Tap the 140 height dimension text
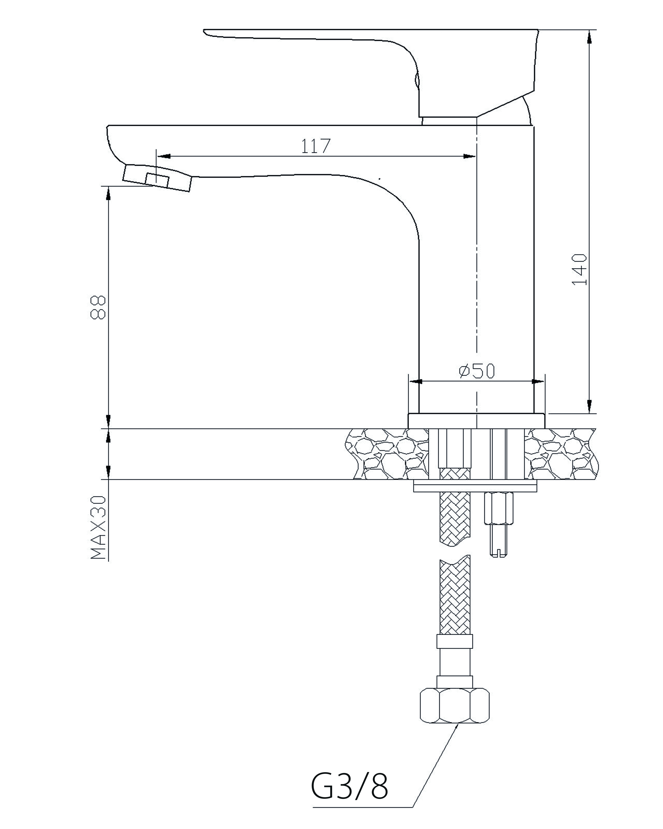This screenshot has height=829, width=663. [580, 269]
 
